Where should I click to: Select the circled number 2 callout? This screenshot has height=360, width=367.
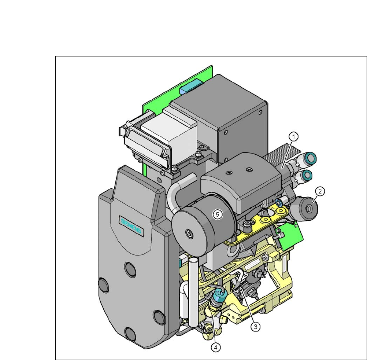(x=320, y=191)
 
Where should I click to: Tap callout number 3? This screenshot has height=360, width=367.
(x=256, y=326)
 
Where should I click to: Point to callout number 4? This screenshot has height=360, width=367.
(x=216, y=347)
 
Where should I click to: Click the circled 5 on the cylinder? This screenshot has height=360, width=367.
(x=218, y=214)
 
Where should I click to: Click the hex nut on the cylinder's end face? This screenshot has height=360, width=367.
(x=189, y=233)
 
